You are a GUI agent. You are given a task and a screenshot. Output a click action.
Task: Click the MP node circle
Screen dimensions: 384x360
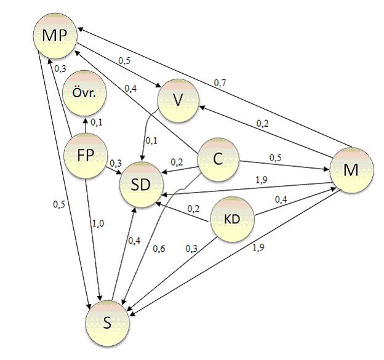(55, 36)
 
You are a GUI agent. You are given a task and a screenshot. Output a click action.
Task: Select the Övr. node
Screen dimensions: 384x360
(84, 94)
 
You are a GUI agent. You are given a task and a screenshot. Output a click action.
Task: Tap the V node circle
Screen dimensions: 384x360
(178, 101)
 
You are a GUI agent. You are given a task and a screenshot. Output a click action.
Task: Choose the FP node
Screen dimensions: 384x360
(86, 156)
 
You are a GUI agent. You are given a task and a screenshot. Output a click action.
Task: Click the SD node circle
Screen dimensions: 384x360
(141, 185)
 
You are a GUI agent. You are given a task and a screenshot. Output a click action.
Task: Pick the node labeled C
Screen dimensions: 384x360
(218, 159)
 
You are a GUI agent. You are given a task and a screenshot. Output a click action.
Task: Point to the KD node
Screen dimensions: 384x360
(232, 219)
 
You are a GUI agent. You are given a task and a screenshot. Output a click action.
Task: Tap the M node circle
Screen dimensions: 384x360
(351, 170)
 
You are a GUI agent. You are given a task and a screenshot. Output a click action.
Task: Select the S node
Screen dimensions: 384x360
(108, 324)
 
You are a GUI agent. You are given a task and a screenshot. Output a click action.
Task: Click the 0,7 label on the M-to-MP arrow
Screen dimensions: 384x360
(220, 83)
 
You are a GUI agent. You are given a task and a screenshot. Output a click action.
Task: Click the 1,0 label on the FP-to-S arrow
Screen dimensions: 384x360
(98, 223)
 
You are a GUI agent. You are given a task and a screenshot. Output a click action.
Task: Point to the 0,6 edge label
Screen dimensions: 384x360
(159, 249)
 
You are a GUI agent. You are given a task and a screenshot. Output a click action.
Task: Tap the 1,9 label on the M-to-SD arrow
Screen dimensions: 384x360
(262, 180)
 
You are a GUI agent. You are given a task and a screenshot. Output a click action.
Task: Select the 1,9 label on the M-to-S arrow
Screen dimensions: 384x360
(258, 247)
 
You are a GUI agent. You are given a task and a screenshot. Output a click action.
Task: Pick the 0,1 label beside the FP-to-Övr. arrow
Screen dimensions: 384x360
(97, 122)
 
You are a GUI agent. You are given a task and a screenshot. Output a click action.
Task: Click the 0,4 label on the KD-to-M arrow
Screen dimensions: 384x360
(281, 200)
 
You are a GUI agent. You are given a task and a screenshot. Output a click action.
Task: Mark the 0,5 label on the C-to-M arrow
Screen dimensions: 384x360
(276, 158)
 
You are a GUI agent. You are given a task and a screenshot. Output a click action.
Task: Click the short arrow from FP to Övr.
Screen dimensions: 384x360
(86, 126)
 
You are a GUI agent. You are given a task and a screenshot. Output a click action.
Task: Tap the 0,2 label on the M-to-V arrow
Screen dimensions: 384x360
(262, 124)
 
